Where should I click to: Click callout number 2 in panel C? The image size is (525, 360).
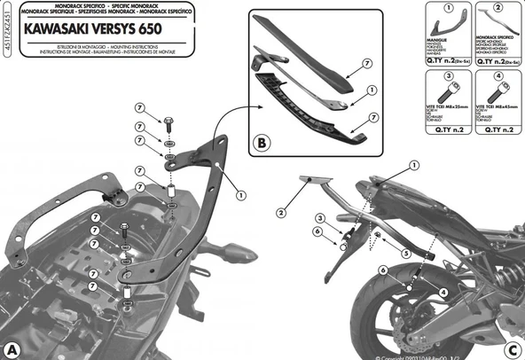point(280,213)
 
